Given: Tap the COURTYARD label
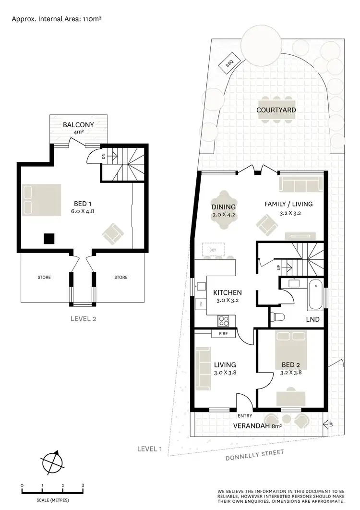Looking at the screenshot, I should click(276, 110).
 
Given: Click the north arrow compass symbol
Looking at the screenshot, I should click(52, 463).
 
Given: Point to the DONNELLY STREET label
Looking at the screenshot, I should click(255, 454).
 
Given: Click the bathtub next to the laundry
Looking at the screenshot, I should click(316, 293).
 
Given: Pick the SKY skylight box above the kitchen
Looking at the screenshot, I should click(213, 250).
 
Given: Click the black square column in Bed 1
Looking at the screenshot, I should click(48, 238).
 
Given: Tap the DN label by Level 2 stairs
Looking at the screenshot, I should click(103, 156).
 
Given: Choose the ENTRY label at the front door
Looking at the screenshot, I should click(245, 416).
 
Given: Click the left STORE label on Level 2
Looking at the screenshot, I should click(44, 277).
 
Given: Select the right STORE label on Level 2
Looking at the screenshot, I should click(121, 277).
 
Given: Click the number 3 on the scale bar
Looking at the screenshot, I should click(83, 486).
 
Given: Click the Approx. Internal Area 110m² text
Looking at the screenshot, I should click(56, 19).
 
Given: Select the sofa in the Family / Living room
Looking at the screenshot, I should click(300, 185).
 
